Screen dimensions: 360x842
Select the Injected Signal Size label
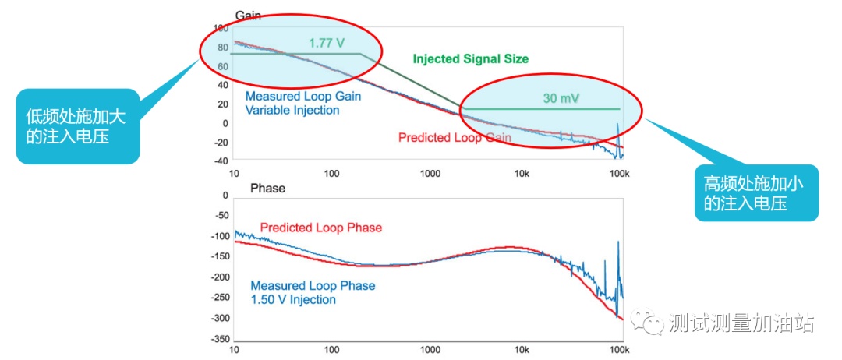[x=470, y=59]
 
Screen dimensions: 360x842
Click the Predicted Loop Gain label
[x=454, y=138]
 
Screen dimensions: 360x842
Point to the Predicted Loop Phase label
[x=321, y=228]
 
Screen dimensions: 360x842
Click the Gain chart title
[x=247, y=15]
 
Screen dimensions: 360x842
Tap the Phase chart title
[x=267, y=188]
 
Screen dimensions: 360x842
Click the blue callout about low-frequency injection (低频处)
[x=77, y=125]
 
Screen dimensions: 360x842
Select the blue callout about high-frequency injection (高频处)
[x=755, y=193]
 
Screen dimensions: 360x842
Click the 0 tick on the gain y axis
[x=224, y=123]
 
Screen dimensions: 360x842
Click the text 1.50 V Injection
[x=293, y=300]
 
